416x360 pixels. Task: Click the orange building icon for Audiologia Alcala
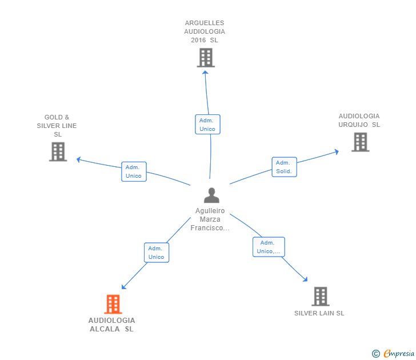pyautogui.click(x=113, y=304)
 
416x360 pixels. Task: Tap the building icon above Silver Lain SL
pyautogui.click(x=320, y=296)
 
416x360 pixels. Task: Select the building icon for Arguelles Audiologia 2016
pyautogui.click(x=206, y=58)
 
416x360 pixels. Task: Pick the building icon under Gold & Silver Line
pyautogui.click(x=58, y=151)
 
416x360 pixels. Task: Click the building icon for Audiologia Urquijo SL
pyautogui.click(x=360, y=142)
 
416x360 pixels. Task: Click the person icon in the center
pyautogui.click(x=211, y=195)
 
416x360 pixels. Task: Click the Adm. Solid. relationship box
pyautogui.click(x=284, y=167)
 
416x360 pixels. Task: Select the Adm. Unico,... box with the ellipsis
pyautogui.click(x=269, y=247)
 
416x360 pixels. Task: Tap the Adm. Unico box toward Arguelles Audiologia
pyautogui.click(x=207, y=125)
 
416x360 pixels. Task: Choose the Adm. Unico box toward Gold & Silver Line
pyautogui.click(x=134, y=171)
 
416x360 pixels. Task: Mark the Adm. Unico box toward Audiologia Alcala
pyautogui.click(x=157, y=253)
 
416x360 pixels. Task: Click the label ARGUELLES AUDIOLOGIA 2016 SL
pyautogui.click(x=205, y=32)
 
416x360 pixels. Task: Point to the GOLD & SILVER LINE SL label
pyautogui.click(x=57, y=126)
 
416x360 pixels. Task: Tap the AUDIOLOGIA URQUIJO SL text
pyautogui.click(x=359, y=120)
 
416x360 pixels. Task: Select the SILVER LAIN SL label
pyautogui.click(x=319, y=313)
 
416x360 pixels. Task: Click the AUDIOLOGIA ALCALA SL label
pyautogui.click(x=112, y=325)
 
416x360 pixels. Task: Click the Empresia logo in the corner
pyautogui.click(x=398, y=354)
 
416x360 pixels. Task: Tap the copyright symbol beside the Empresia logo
pyautogui.click(x=376, y=354)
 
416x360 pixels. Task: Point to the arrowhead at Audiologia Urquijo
pyautogui.click(x=337, y=151)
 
